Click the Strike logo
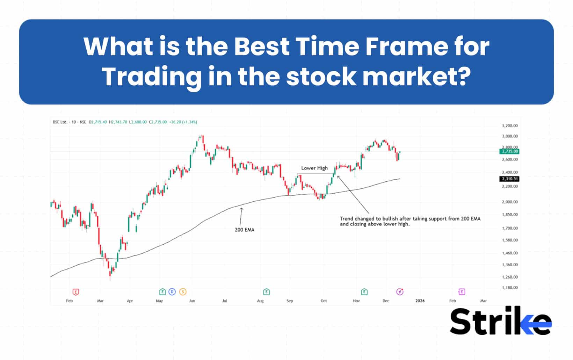click(500, 321)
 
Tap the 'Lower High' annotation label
click(314, 168)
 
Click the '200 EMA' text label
click(245, 230)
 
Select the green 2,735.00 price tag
click(510, 152)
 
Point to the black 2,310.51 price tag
click(510, 179)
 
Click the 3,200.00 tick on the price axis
click(510, 126)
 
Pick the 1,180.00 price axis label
click(510, 288)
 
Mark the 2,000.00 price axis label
click(510, 202)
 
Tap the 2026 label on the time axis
click(420, 301)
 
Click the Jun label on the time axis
click(192, 301)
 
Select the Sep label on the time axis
click(290, 301)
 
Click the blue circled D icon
click(172, 292)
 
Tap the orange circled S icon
click(183, 292)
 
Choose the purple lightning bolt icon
click(400, 292)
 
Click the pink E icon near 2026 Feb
click(462, 292)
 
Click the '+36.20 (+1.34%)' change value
click(183, 122)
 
